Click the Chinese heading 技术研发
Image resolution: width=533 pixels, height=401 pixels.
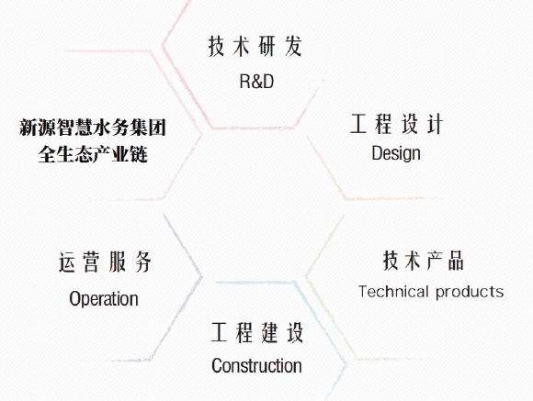click(x=255, y=46)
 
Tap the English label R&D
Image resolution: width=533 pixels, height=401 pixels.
click(x=256, y=82)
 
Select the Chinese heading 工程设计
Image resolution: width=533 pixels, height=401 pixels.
click(x=397, y=124)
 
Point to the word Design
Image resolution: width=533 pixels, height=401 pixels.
click(x=396, y=153)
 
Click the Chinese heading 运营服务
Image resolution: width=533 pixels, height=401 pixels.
click(x=105, y=262)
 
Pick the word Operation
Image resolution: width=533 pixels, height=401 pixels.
click(x=104, y=299)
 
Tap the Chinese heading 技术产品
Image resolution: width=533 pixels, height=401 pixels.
click(x=424, y=261)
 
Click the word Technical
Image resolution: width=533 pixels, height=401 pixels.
click(x=393, y=292)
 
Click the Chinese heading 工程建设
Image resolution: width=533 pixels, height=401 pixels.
click(x=257, y=333)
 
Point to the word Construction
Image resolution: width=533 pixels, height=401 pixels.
click(x=256, y=366)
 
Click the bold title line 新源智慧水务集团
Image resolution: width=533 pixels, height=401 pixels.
click(x=93, y=128)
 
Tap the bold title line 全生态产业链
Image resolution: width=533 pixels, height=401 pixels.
click(x=93, y=154)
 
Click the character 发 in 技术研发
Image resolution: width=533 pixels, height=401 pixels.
click(x=293, y=46)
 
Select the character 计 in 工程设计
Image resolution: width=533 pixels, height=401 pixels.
click(x=435, y=124)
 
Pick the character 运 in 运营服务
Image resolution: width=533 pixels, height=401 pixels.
click(x=67, y=262)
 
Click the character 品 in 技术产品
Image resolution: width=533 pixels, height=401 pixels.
click(x=456, y=261)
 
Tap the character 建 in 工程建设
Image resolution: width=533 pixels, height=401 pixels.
click(x=269, y=333)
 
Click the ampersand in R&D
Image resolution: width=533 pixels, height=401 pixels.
click(x=256, y=82)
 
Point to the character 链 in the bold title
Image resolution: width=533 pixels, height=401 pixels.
click(x=139, y=154)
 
